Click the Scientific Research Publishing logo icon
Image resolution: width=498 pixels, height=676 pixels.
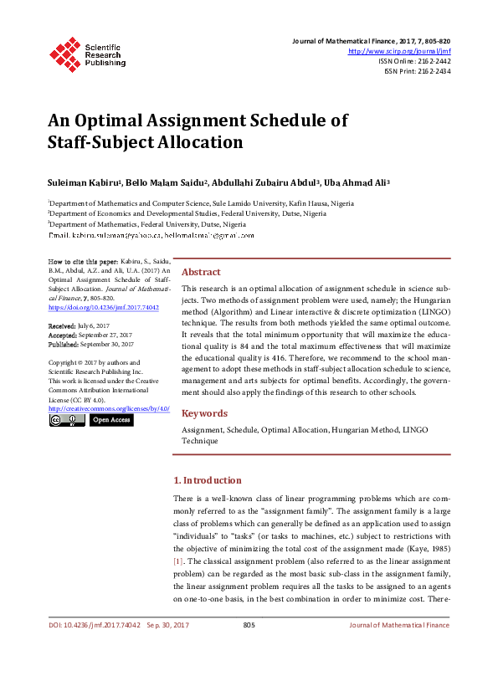62,52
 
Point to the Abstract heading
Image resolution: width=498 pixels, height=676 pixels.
201,272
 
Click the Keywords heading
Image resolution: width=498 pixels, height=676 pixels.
204,413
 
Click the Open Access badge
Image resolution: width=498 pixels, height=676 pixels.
111,420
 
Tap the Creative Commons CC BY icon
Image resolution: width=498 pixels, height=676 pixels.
67,420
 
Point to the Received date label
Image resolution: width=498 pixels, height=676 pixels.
62,325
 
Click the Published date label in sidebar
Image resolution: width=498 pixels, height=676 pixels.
64,343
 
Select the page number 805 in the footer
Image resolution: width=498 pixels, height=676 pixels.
249,625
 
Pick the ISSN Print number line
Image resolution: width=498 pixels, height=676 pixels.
417,71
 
